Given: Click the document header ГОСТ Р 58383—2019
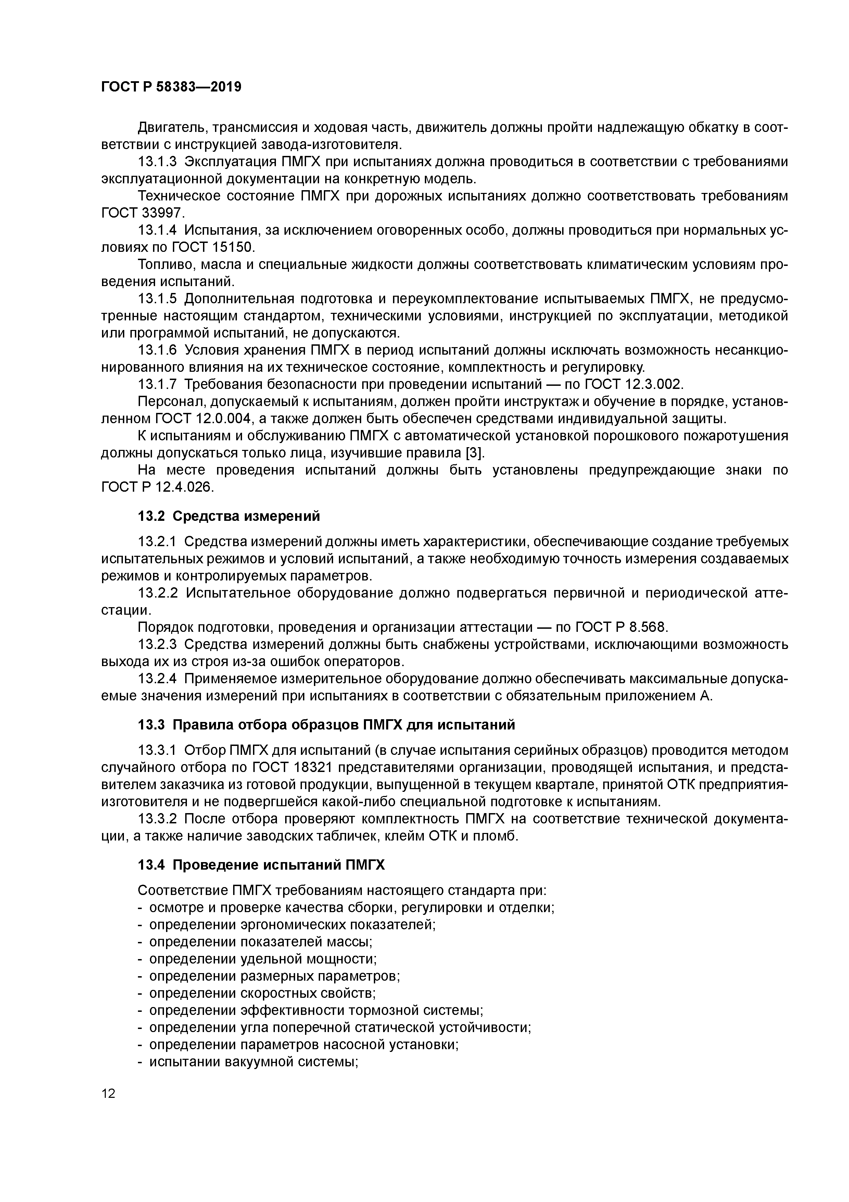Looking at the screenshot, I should click(x=171, y=87).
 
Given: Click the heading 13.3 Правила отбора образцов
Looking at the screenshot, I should click(x=326, y=725).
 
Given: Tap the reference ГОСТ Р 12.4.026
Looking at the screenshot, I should click(x=157, y=487).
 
